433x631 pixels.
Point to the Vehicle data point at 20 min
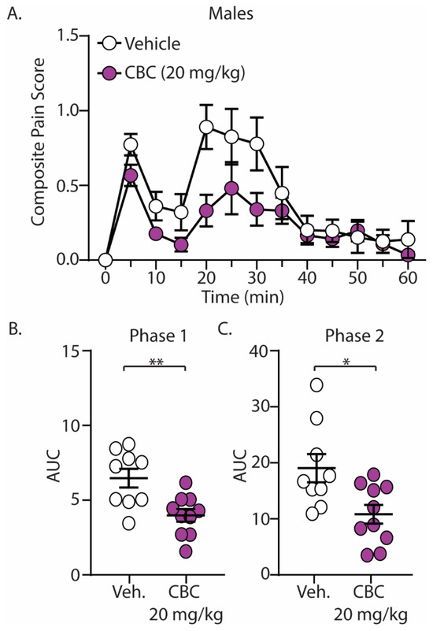(x=207, y=127)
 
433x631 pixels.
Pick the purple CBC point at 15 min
(x=182, y=245)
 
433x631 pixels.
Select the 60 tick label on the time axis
(x=407, y=279)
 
